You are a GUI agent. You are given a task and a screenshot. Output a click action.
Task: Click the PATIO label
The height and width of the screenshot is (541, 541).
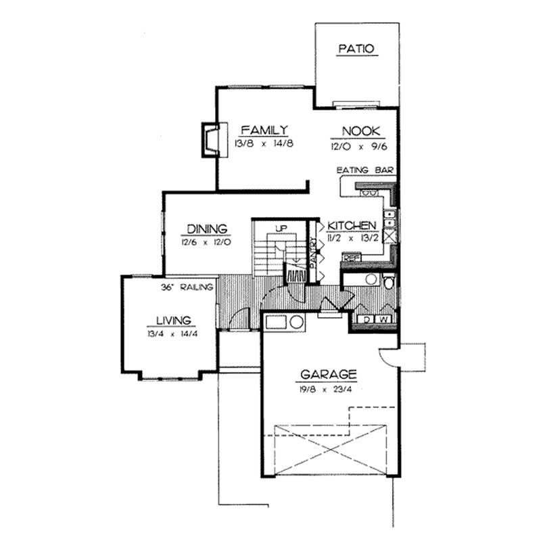356,49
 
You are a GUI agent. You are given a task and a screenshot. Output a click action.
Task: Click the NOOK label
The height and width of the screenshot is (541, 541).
360,131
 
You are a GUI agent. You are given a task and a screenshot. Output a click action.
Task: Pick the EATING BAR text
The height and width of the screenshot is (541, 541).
365,170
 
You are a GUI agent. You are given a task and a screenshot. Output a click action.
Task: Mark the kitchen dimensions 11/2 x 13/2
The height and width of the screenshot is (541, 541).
352,237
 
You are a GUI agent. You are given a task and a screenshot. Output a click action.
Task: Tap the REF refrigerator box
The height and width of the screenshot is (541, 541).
351,258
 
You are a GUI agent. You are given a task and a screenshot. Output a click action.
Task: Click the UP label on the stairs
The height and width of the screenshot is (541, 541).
281,229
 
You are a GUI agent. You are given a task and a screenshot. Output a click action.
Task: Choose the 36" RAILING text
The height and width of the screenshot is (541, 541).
187,287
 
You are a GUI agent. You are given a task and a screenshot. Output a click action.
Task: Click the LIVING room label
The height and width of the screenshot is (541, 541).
172,320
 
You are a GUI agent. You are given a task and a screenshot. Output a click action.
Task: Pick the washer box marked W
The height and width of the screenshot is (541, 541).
383,319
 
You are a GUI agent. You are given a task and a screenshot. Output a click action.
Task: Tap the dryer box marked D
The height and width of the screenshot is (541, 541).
367,319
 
